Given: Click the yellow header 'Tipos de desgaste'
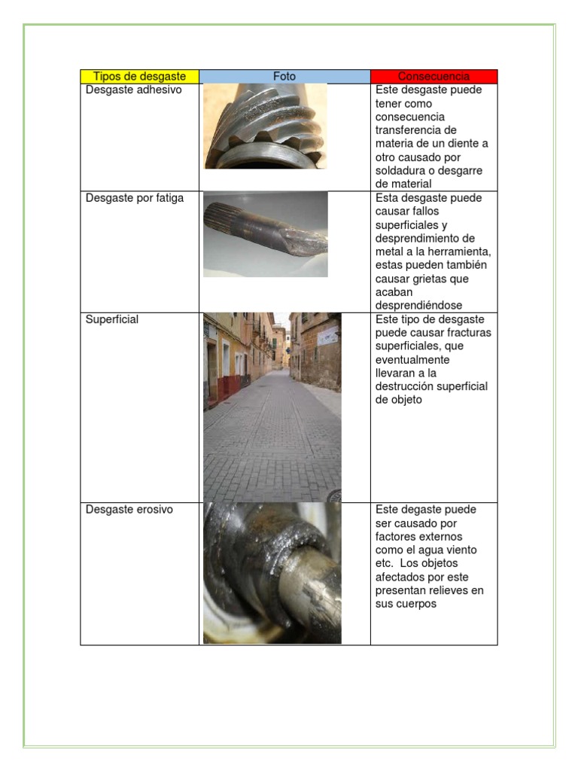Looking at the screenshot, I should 139,77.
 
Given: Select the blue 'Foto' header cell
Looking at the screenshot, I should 284,77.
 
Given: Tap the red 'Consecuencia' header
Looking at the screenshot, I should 433,77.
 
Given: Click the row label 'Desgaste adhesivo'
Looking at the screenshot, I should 134,90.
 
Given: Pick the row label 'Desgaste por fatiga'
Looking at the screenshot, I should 135,198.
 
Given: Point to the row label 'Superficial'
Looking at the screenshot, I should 112,319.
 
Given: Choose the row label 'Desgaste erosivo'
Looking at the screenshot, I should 129,510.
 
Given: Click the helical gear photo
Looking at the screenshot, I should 266,126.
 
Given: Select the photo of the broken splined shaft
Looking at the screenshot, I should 266,234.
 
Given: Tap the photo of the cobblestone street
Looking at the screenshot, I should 272,407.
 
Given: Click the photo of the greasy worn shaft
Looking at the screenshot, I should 272,573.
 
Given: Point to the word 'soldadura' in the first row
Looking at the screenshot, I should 400,171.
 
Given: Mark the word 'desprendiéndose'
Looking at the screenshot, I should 418,306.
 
